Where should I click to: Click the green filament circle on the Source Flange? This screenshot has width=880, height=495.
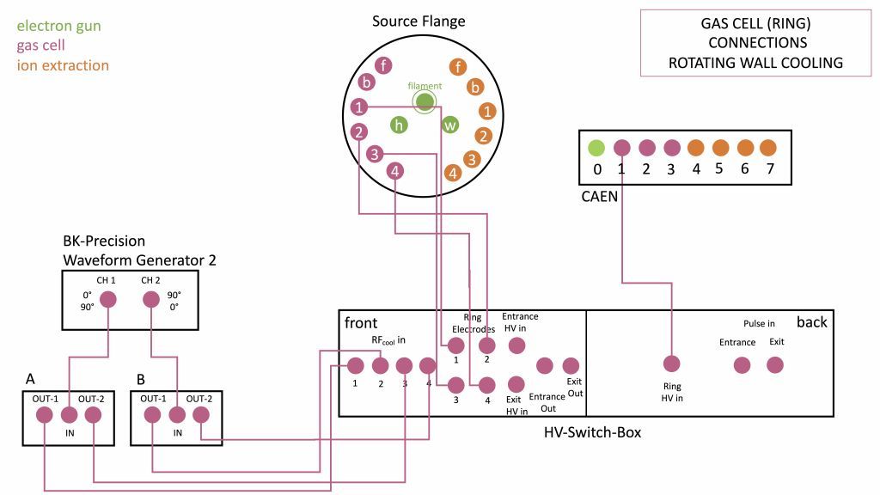click(424, 101)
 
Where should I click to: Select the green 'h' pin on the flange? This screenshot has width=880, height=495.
click(399, 125)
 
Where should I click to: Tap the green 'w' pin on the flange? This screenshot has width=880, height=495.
click(450, 125)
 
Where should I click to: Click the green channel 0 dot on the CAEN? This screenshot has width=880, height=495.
click(596, 147)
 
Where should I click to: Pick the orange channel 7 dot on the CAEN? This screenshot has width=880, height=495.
click(768, 147)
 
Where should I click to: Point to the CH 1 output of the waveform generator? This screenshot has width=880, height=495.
click(108, 300)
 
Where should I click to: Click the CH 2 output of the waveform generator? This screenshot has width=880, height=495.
click(151, 300)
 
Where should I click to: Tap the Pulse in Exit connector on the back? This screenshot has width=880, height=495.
click(775, 364)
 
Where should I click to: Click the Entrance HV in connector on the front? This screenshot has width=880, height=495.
click(516, 345)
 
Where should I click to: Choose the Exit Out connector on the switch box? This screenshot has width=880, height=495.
click(571, 365)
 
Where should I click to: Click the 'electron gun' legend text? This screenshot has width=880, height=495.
click(58, 26)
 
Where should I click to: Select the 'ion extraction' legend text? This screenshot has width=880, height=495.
click(63, 65)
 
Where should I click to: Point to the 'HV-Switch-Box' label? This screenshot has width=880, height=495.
click(592, 432)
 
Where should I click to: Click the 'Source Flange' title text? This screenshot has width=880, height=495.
click(419, 21)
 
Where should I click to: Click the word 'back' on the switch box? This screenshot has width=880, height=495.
click(811, 322)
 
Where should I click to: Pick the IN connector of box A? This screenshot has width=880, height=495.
click(69, 415)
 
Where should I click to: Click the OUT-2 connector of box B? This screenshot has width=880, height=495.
click(201, 415)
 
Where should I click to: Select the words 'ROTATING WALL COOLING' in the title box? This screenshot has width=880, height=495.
click(755, 62)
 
